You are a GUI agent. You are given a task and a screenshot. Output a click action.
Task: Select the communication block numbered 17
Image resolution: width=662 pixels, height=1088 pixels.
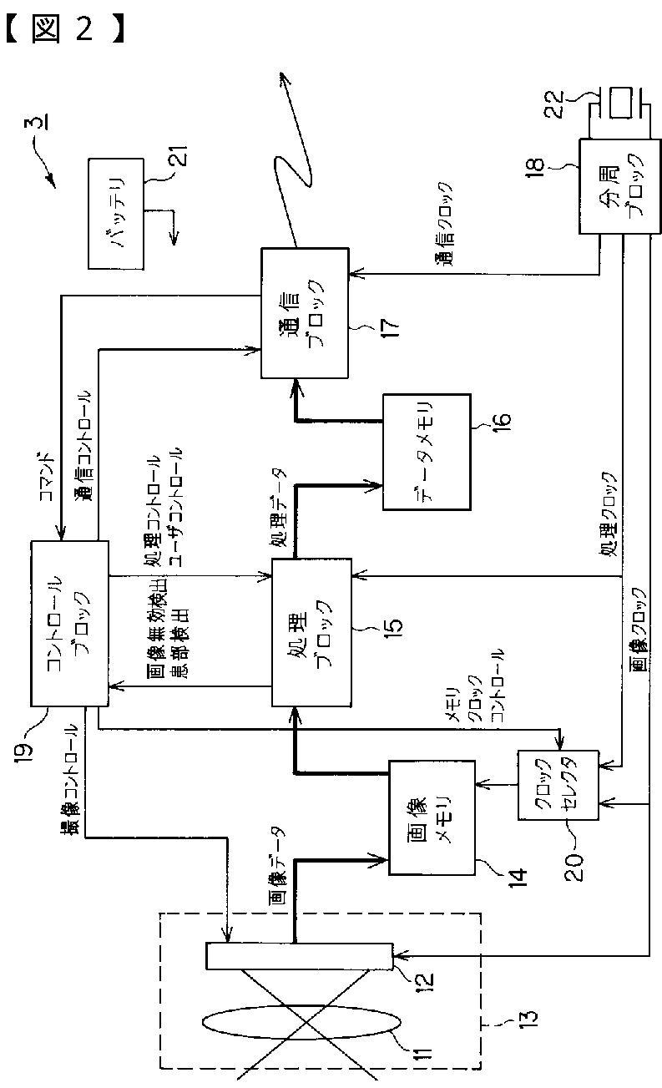coord(305,312)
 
